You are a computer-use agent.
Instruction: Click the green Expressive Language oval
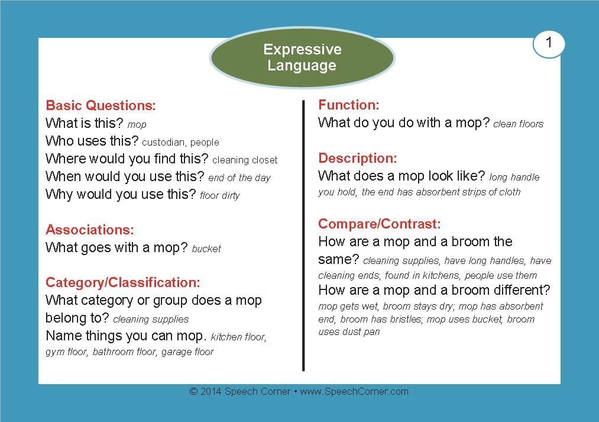click(x=302, y=57)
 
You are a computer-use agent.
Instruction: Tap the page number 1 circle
click(x=549, y=44)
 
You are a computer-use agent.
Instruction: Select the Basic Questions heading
click(x=101, y=105)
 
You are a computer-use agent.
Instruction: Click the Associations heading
click(x=90, y=230)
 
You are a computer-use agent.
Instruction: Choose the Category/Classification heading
click(x=122, y=282)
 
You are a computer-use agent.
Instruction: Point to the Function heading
click(x=349, y=105)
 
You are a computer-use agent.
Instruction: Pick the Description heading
click(x=358, y=158)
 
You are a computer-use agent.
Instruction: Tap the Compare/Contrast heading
click(x=380, y=224)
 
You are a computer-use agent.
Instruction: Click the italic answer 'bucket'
click(x=206, y=249)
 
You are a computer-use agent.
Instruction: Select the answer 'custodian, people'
click(x=181, y=142)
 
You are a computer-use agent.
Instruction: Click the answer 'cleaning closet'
click(x=245, y=160)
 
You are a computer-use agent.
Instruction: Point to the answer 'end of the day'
click(x=239, y=178)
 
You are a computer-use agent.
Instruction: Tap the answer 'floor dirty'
click(x=219, y=196)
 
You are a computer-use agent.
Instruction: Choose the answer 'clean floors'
click(x=518, y=124)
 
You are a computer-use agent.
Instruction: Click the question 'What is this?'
click(x=84, y=123)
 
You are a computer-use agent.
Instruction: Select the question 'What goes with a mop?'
click(x=116, y=247)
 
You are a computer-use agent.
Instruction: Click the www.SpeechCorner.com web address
click(x=354, y=391)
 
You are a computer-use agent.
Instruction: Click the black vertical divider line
click(x=303, y=236)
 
